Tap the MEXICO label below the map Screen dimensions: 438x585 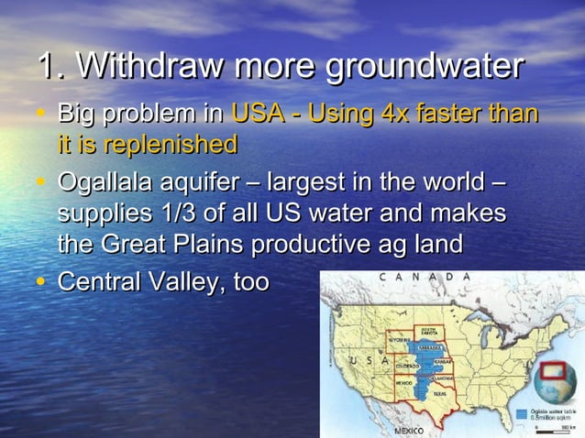tap(408, 430)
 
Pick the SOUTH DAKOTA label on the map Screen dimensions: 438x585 tap(428, 330)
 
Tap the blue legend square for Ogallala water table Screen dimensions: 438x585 tap(521, 413)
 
